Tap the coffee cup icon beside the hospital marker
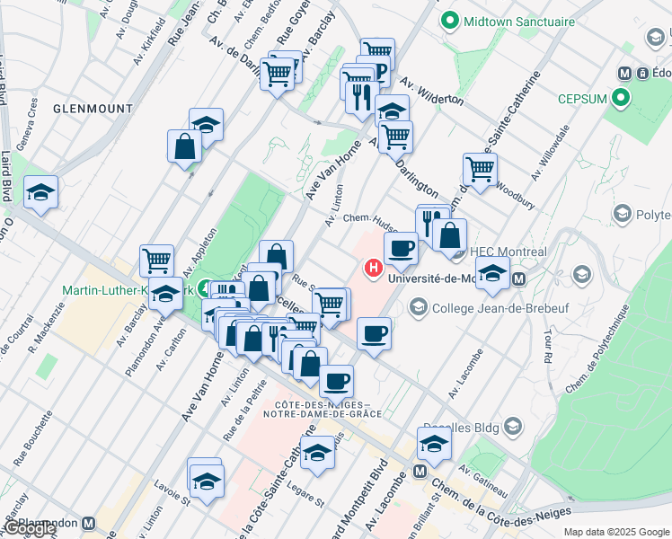coord(401,247)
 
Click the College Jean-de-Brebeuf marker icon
coord(417,308)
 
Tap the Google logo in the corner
coord(31,528)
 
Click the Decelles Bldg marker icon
coord(513,425)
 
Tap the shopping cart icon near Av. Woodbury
coord(480,168)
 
